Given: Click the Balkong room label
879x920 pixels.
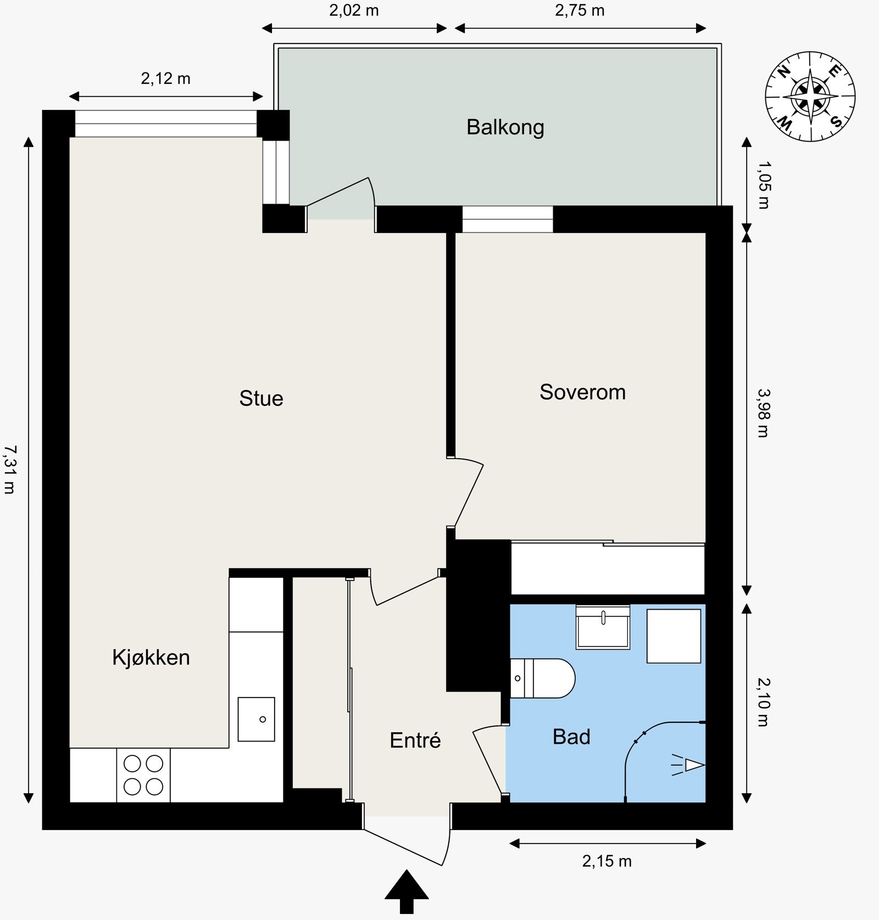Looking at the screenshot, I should coord(505,127).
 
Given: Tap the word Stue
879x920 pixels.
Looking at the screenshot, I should coord(261,398).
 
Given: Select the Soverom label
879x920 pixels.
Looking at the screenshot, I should coord(582,392).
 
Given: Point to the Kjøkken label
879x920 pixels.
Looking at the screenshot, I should coord(151,657).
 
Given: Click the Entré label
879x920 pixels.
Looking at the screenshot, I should coord(415,740).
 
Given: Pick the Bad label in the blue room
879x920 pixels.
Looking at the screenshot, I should coord(571,737).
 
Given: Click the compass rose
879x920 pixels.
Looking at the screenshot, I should coord(810,96).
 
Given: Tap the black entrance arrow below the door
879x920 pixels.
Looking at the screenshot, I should coord(406,893).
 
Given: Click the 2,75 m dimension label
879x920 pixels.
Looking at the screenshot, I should coord(580,10).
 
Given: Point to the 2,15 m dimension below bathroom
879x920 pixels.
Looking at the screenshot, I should coord(607,861).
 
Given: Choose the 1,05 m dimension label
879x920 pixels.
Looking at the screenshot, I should coord(764,184).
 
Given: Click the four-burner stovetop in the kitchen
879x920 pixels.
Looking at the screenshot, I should coord(143,775).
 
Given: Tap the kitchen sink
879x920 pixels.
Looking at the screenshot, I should coord(256,719).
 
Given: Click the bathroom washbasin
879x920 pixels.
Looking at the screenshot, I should coord(603,627).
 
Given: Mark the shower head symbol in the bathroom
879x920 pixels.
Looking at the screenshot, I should coord(692,765).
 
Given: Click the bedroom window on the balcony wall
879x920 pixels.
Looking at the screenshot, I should coord(507,219).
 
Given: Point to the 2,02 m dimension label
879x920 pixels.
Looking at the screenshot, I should coord(354,10).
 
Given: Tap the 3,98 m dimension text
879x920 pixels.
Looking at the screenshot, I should coord(764,412).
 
